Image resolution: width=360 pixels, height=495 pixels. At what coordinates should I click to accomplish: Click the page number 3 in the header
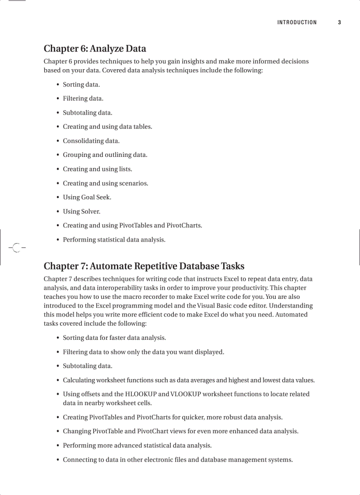click(x=339, y=22)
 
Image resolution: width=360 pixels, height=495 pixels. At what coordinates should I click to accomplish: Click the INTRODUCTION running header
click(x=297, y=22)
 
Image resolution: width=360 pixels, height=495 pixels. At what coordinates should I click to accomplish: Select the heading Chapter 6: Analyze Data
click(x=95, y=48)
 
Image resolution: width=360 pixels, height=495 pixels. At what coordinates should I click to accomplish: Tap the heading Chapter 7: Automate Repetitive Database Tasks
click(x=144, y=266)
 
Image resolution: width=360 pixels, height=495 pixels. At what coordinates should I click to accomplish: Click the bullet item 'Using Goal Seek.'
click(x=87, y=197)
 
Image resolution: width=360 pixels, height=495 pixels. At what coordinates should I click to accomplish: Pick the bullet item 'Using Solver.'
click(x=82, y=212)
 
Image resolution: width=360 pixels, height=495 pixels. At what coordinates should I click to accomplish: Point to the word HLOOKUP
click(x=141, y=394)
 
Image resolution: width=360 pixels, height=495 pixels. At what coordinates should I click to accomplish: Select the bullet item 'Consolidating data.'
click(x=91, y=141)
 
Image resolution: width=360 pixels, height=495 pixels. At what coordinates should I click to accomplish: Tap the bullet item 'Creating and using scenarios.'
click(x=105, y=183)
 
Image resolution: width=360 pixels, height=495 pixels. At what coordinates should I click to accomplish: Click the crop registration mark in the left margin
click(x=16, y=248)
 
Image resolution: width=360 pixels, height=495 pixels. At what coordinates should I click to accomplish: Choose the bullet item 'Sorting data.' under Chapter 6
click(x=81, y=85)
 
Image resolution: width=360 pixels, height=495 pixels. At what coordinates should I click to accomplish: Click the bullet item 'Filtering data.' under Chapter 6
click(x=83, y=99)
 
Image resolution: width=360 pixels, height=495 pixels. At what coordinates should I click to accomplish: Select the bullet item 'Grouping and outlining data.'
click(x=105, y=155)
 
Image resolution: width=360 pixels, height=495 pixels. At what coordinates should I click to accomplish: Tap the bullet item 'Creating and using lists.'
click(x=97, y=169)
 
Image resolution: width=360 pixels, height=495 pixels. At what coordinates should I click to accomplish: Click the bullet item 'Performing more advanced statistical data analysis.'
click(x=137, y=446)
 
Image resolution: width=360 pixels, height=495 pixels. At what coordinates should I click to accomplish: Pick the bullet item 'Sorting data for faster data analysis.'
click(x=114, y=338)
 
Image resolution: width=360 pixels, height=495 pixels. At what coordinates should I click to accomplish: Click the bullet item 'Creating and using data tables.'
click(x=107, y=127)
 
